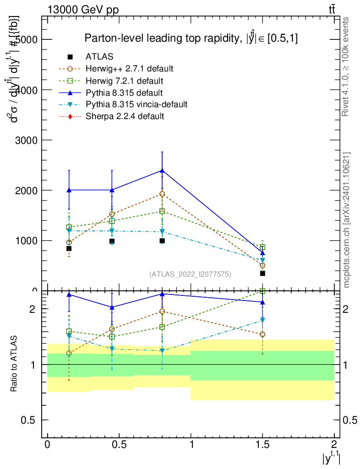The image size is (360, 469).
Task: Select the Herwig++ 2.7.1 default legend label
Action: pyautogui.click(x=129, y=69)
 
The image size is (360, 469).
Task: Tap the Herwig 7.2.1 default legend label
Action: pyautogui.click(x=124, y=81)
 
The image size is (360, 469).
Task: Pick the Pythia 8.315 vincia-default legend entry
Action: pyautogui.click(x=136, y=104)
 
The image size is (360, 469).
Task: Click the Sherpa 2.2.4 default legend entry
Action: pyautogui.click(x=125, y=116)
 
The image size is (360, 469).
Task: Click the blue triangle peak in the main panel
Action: pyautogui.click(x=162, y=170)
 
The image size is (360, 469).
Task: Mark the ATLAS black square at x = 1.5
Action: pyautogui.click(x=262, y=273)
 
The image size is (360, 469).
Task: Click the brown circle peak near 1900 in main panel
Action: pyautogui.click(x=162, y=194)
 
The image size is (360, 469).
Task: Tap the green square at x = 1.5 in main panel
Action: pyautogui.click(x=262, y=247)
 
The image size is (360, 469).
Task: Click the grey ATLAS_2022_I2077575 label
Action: pyautogui.click(x=190, y=274)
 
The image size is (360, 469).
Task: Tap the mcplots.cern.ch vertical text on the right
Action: pyautogui.click(x=347, y=220)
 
